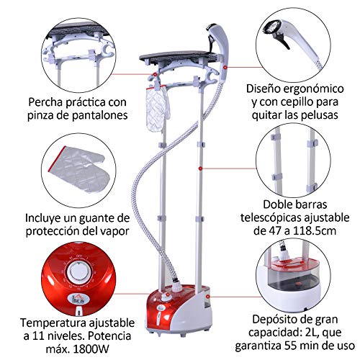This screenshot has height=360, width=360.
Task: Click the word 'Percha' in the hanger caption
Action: coord(45,102)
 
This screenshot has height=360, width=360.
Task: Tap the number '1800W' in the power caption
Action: coord(91,348)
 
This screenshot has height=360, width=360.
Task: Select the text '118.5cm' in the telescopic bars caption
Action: coord(315,231)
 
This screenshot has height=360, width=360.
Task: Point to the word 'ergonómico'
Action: coord(314,89)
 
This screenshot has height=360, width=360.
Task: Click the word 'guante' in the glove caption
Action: coord(94,219)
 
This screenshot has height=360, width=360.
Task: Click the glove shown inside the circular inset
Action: coord(79,169)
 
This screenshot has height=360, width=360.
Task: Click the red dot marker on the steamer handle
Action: coord(225,68)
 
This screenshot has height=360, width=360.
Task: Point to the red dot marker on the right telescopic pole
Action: coord(200,168)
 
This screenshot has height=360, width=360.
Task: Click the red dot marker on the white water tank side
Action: coord(208,297)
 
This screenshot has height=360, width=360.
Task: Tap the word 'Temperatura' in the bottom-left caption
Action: coord(53,323)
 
